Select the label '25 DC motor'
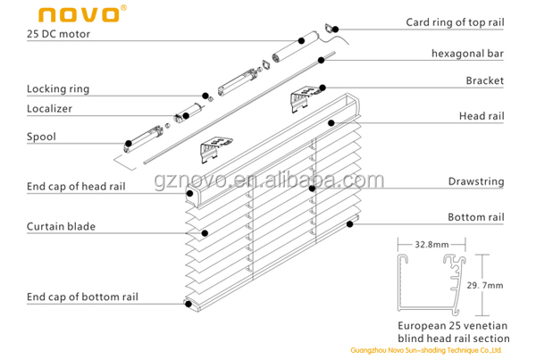point(58,35)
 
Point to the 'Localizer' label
point(50,108)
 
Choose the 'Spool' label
point(41,137)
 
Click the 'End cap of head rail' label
point(76,186)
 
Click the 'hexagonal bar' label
point(468,54)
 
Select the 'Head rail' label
point(482,116)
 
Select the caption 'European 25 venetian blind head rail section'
point(454,331)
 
